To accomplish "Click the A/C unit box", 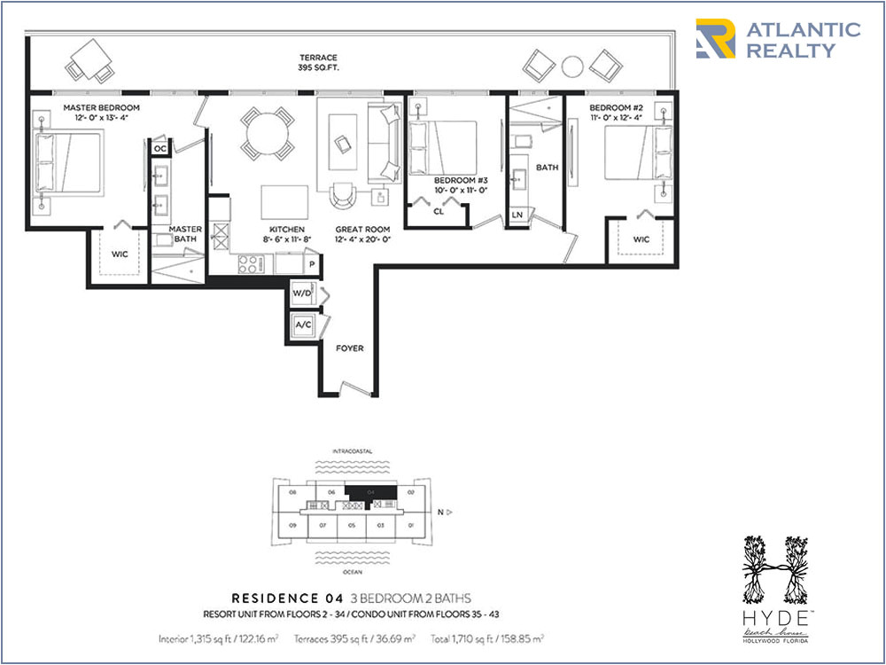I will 303,325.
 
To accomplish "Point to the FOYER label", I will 350,348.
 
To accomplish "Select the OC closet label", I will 159,148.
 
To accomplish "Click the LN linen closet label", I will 517,215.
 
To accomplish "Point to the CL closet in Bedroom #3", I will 439,212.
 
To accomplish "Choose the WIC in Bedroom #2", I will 641,240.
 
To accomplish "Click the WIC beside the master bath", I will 120,254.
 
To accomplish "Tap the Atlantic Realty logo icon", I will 715,40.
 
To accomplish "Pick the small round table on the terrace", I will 572,65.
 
